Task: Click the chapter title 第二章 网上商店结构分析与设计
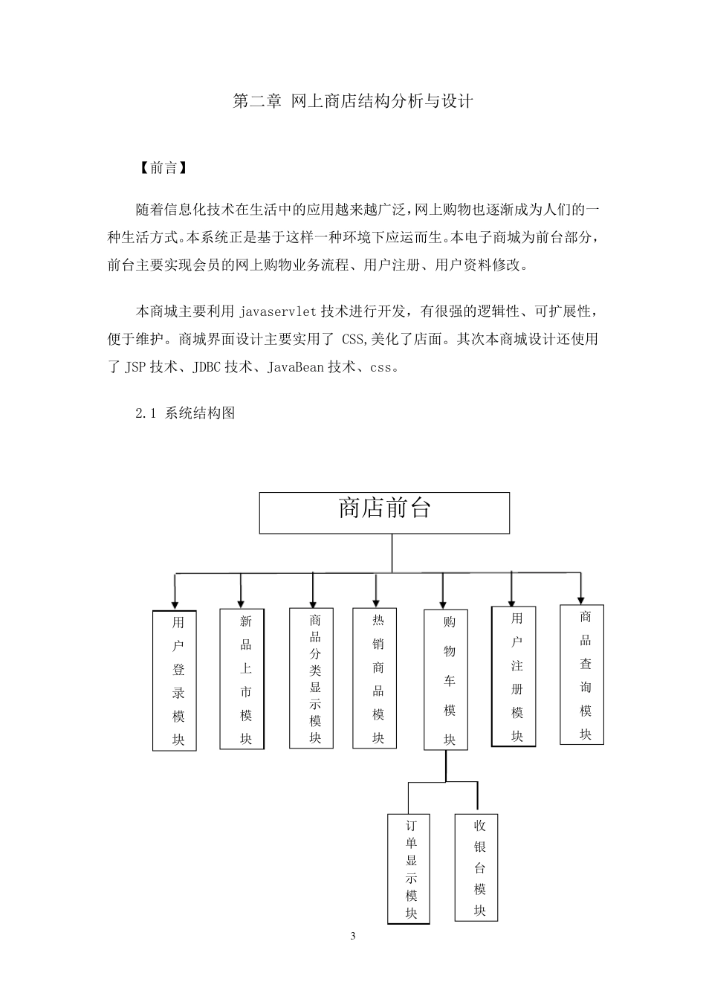coord(353,101)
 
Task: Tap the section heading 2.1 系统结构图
coord(185,413)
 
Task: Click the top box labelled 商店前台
coord(384,512)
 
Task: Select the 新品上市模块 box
coord(242,679)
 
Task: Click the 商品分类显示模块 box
coord(311,678)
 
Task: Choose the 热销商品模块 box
coord(374,678)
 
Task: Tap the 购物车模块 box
coord(446,679)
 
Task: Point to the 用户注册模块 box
coord(514,676)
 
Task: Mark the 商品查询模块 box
coord(582,674)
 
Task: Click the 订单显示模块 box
coord(409,869)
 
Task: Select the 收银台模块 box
coord(476,867)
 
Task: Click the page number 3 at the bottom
coord(353,936)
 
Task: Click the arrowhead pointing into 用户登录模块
coord(175,604)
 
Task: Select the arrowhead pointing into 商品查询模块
coord(581,598)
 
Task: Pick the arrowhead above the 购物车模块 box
coord(444,604)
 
